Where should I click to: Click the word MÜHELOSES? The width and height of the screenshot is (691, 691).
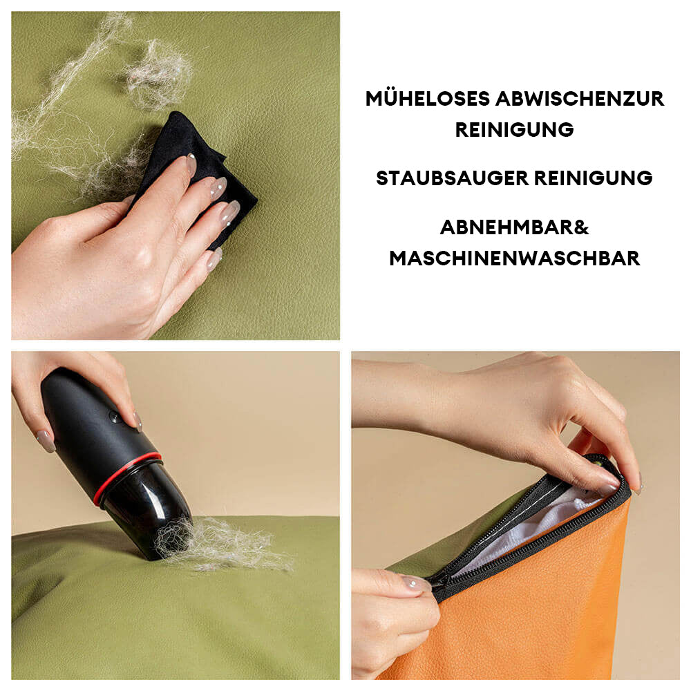coord(428,98)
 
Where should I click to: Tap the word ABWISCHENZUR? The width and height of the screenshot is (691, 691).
coord(580,99)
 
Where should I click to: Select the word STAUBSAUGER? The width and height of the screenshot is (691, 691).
coord(452,178)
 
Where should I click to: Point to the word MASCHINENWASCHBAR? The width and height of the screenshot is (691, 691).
coord(514,258)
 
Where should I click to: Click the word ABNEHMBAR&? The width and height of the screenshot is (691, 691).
coord(514,227)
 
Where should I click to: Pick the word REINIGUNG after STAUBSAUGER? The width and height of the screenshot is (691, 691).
coord(593,178)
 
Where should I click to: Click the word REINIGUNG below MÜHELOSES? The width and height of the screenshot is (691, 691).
coord(514,130)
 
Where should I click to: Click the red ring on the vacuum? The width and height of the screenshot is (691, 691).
coord(126,477)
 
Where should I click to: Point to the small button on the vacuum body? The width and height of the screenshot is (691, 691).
coord(114,416)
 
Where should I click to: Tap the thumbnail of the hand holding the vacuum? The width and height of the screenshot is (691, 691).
coord(46,442)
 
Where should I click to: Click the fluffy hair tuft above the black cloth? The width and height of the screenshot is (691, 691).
coord(159,75)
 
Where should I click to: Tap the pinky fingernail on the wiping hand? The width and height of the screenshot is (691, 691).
coord(215,258)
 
